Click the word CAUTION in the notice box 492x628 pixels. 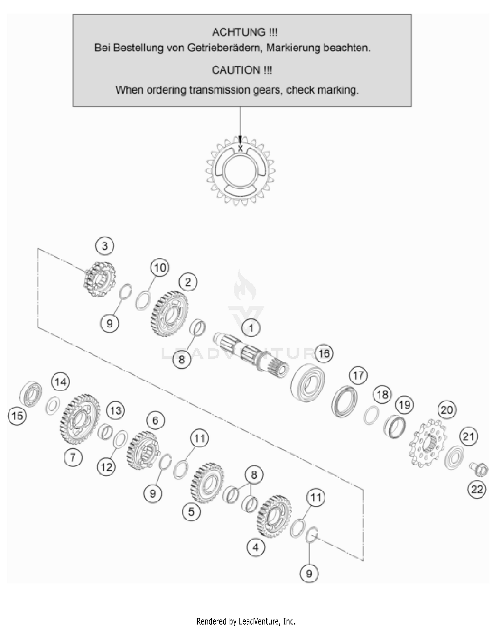coord(236,70)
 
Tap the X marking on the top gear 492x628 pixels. coord(240,149)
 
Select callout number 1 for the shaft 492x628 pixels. coord(251,328)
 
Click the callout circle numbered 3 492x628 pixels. coord(105,246)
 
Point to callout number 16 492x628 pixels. coord(324,353)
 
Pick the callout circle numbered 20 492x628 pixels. coord(447,409)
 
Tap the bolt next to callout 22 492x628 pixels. coord(479,469)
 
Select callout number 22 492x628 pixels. coord(477,489)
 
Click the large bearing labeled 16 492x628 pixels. coord(308,382)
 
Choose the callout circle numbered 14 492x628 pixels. coord(61,382)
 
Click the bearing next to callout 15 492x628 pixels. coord(31,394)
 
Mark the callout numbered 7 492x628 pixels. coord(73,457)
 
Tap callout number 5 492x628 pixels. coord(191,512)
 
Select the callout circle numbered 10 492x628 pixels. coord(160,268)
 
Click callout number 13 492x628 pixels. coord(115,410)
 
